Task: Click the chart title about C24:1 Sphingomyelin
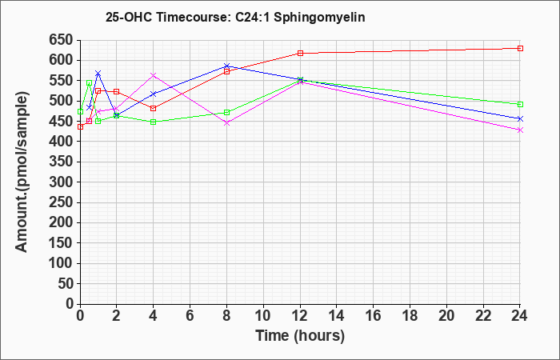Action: [235, 17]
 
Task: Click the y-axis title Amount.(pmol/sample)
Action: [22, 172]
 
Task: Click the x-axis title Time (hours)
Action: [300, 336]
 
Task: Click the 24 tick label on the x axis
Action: [519, 316]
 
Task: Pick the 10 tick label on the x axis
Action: [263, 316]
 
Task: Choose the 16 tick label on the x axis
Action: [374, 316]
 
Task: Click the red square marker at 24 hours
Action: [520, 48]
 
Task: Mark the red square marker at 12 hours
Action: [300, 54]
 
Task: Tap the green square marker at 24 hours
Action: [520, 104]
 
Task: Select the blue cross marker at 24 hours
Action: [520, 118]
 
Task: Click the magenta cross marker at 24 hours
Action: [520, 130]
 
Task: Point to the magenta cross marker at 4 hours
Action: [154, 75]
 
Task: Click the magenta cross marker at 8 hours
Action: [226, 123]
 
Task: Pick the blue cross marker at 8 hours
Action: [226, 66]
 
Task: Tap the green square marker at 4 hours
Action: [154, 122]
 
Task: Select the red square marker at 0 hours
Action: [80, 126]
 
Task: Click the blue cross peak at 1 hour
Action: [98, 74]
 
